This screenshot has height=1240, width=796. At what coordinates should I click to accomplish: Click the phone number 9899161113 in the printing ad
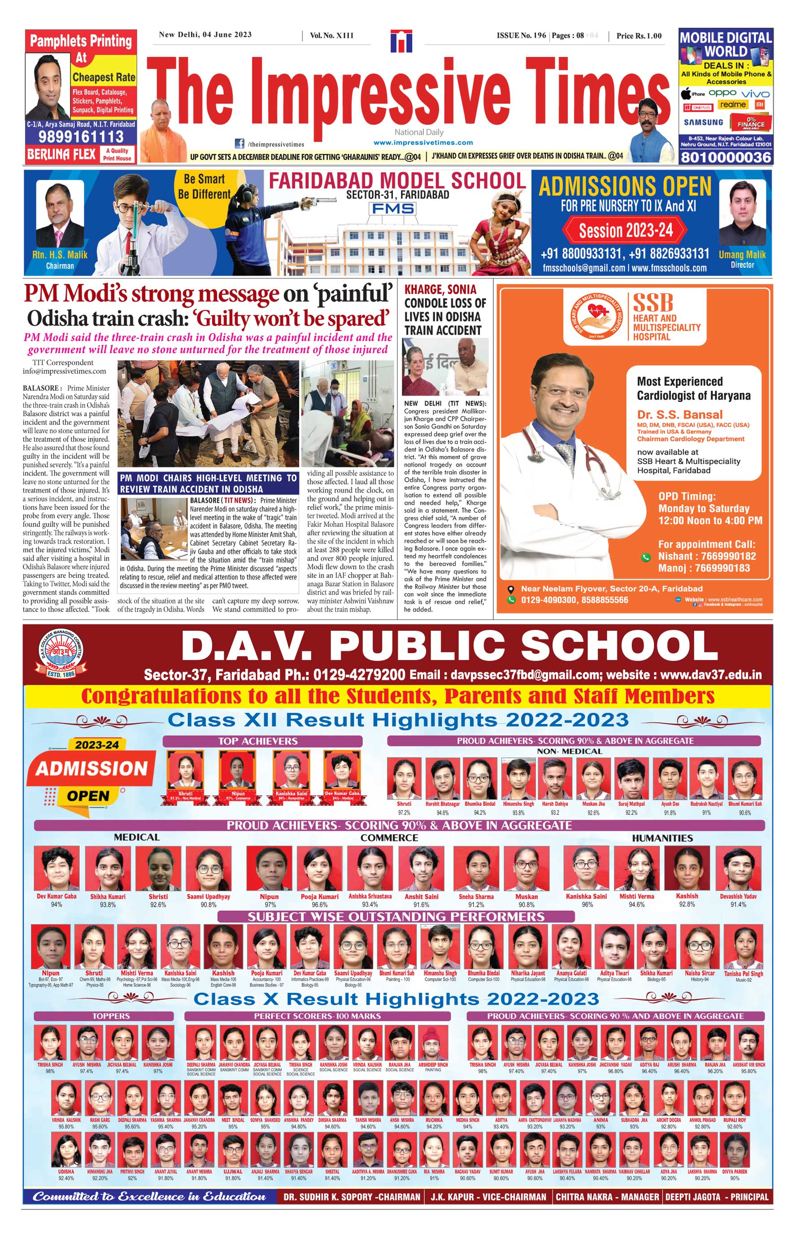coord(81,136)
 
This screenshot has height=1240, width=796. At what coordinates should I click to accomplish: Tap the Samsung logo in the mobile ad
coord(704,122)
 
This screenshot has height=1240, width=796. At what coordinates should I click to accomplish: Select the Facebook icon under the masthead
coord(240,144)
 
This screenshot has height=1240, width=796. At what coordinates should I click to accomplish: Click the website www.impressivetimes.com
coord(423,143)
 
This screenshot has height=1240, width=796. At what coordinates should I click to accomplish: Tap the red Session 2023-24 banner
coord(626,230)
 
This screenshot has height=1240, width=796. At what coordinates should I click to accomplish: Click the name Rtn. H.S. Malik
coord(60,255)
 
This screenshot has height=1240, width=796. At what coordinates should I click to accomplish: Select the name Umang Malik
coord(742,254)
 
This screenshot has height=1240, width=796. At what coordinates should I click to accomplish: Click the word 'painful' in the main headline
coord(354,294)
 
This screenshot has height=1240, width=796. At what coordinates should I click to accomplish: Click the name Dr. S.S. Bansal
coord(680,414)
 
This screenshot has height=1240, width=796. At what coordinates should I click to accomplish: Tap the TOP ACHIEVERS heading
coord(257,741)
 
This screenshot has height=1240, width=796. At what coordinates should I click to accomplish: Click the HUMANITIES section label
coord(662,838)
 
